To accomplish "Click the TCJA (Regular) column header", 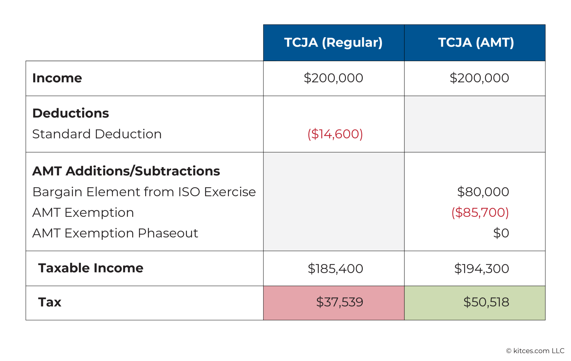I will (x=333, y=43).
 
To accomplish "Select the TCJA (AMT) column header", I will (x=476, y=43).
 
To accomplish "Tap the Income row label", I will (x=57, y=78).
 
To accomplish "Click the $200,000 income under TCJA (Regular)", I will (x=333, y=78).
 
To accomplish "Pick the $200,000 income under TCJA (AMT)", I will (x=479, y=78).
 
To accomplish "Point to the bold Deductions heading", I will (x=71, y=113).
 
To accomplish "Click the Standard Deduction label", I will (x=97, y=134).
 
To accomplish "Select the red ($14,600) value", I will (x=335, y=134).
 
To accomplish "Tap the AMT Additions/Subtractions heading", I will (x=126, y=171).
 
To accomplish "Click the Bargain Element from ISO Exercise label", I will (x=144, y=192).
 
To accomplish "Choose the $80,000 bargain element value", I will (x=483, y=192).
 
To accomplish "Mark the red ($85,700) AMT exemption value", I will (x=480, y=213).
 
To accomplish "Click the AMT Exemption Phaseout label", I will (x=115, y=233).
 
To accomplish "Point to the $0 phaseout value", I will (x=501, y=233).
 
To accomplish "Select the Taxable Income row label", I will (x=91, y=268).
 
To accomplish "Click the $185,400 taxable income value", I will (x=335, y=269).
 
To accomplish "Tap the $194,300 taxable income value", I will (x=482, y=269).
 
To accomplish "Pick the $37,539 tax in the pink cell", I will (x=340, y=302).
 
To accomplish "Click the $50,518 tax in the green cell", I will (x=486, y=302).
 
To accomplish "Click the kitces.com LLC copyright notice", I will (x=535, y=351).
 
